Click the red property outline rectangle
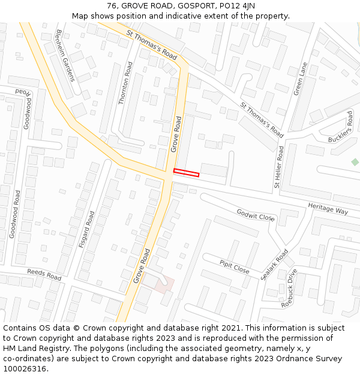pos(186,173)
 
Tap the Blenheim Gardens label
pos(65,55)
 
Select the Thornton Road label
pos(125,83)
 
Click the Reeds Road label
pos(44,275)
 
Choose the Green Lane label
pos(300,79)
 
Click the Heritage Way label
pos(328,208)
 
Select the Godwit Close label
pos(256,215)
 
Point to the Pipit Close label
pos(234,267)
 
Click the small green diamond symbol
pos(355,162)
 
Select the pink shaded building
pos(163,284)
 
